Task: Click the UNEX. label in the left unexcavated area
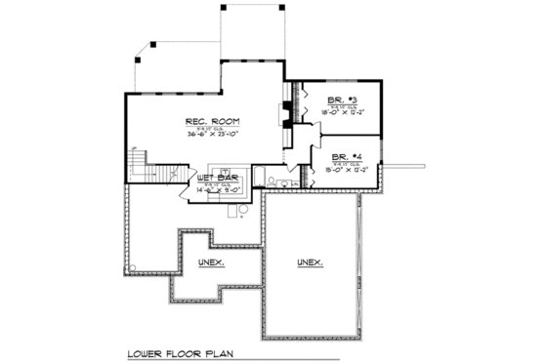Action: point(210,263)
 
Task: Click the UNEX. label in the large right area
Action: point(311,263)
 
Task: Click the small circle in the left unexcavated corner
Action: point(131,267)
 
